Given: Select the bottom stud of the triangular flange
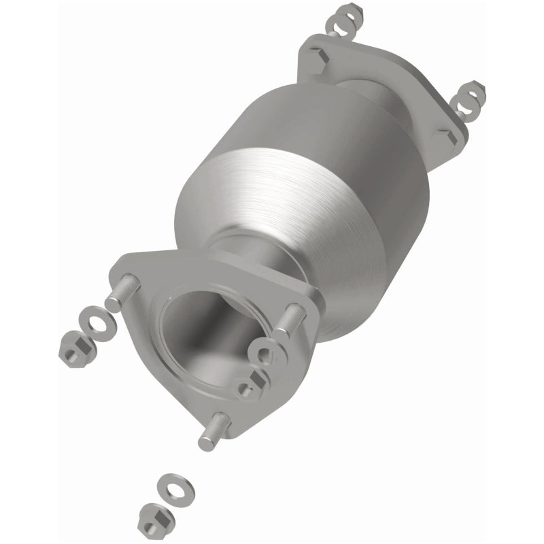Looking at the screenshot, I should click(214, 434).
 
